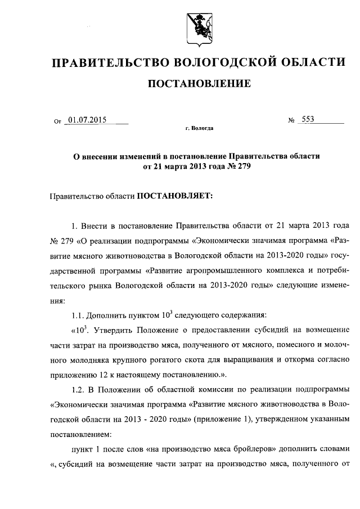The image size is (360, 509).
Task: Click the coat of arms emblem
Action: (x=197, y=28)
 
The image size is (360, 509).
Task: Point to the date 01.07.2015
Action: (x=87, y=119)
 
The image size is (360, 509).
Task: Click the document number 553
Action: (x=308, y=119)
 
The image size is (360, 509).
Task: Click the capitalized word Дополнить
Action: (x=109, y=314)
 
